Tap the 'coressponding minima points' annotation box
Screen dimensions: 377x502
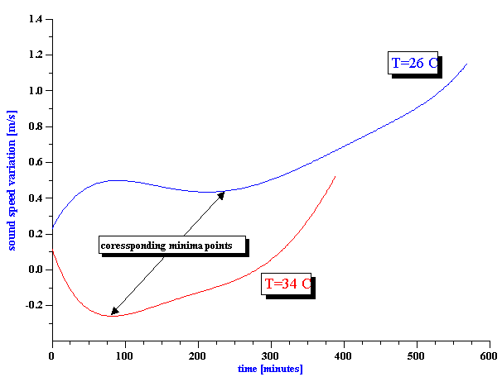(172, 246)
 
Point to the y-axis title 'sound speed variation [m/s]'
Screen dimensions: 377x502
(12, 178)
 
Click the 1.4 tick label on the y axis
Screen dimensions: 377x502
(35, 18)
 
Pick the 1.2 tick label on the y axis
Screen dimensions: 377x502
(35, 55)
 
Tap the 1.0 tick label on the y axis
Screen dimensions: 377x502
(35, 90)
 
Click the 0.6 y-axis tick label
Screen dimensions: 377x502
(35, 162)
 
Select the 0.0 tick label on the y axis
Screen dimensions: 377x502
(35, 270)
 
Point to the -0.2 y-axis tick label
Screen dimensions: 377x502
(33, 305)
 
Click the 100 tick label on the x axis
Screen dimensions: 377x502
(124, 356)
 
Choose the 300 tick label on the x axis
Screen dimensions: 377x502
(270, 356)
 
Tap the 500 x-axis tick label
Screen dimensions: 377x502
(416, 356)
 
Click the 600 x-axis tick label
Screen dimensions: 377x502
(489, 356)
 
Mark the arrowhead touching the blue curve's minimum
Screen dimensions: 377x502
(221, 194)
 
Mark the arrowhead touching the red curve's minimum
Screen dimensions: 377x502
(114, 312)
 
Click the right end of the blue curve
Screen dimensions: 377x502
(466, 64)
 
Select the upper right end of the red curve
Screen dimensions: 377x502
(335, 176)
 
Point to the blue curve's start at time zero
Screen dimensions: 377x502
(53, 227)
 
